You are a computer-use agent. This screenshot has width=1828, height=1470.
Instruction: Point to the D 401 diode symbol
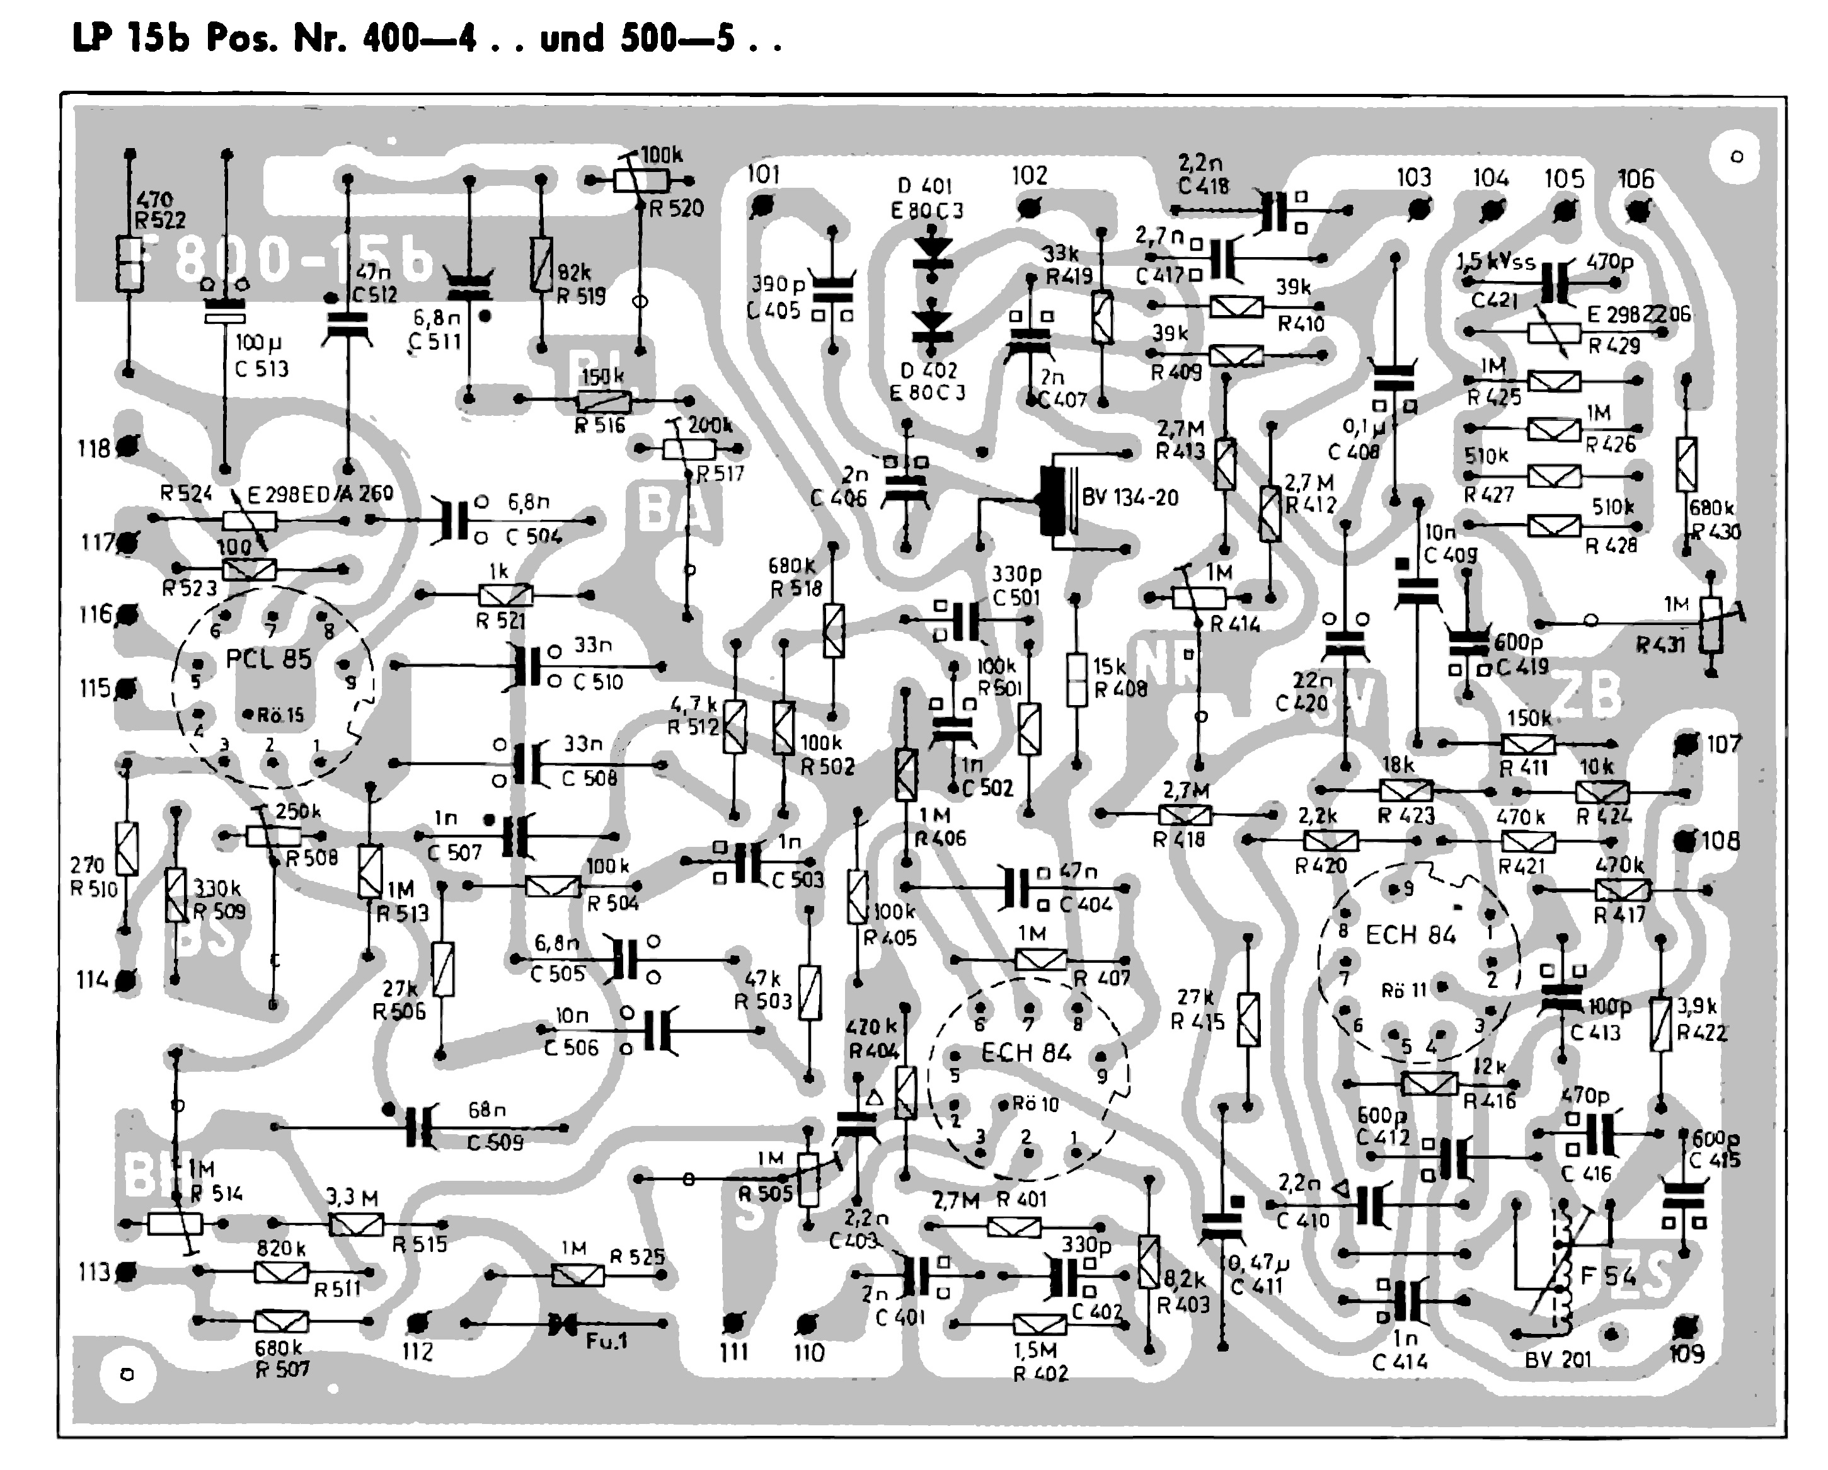coord(933,252)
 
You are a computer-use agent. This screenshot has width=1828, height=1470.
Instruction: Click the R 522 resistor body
coord(129,263)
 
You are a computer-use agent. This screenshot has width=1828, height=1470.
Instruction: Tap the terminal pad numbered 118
coord(128,446)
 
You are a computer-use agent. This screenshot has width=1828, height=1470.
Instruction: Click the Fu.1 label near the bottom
coord(606,1341)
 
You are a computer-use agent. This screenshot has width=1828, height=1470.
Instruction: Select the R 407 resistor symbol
coord(1040,960)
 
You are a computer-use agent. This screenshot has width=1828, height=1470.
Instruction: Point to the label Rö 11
coord(1404,990)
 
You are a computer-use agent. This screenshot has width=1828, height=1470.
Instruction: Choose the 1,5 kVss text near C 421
coord(1496,262)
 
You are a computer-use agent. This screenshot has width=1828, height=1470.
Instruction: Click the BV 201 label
coord(1558,1359)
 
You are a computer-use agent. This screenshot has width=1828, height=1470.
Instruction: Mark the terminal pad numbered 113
coord(127,1272)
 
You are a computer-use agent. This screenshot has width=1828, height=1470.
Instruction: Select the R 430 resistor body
coord(1686,464)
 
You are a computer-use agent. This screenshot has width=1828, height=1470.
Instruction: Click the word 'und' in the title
coord(572,39)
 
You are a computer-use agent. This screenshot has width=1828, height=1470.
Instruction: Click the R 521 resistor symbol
coord(505,595)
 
